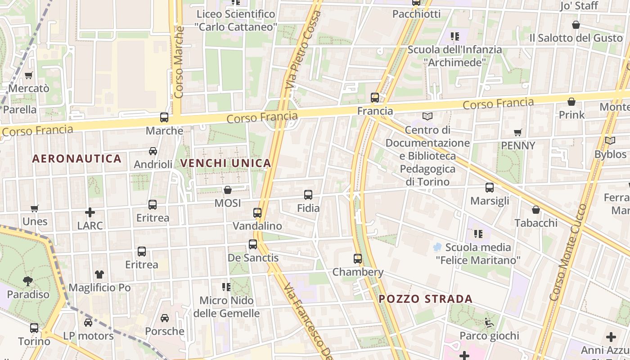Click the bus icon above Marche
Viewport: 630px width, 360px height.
(x=164, y=117)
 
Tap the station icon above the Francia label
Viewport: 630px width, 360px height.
(x=375, y=97)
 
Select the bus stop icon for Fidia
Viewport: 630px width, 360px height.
(x=308, y=195)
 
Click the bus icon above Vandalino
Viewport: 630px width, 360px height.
(x=257, y=212)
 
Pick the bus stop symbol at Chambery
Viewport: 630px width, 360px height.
(x=358, y=259)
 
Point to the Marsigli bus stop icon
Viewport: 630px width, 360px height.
(x=490, y=188)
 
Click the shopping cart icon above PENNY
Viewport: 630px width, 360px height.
(x=518, y=132)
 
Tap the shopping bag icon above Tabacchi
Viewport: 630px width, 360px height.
(x=536, y=210)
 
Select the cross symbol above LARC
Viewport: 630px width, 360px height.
(x=90, y=212)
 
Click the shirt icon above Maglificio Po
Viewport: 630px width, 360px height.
(x=99, y=274)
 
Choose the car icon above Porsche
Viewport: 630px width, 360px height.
(x=165, y=318)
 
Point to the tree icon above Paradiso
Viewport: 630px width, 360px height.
(x=28, y=281)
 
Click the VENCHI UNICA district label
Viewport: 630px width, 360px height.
(x=226, y=163)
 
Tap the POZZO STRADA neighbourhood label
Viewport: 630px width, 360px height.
(x=426, y=299)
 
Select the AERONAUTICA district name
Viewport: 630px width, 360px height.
(x=77, y=158)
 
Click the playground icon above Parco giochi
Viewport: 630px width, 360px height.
(x=489, y=322)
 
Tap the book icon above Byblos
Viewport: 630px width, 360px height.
(x=610, y=141)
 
